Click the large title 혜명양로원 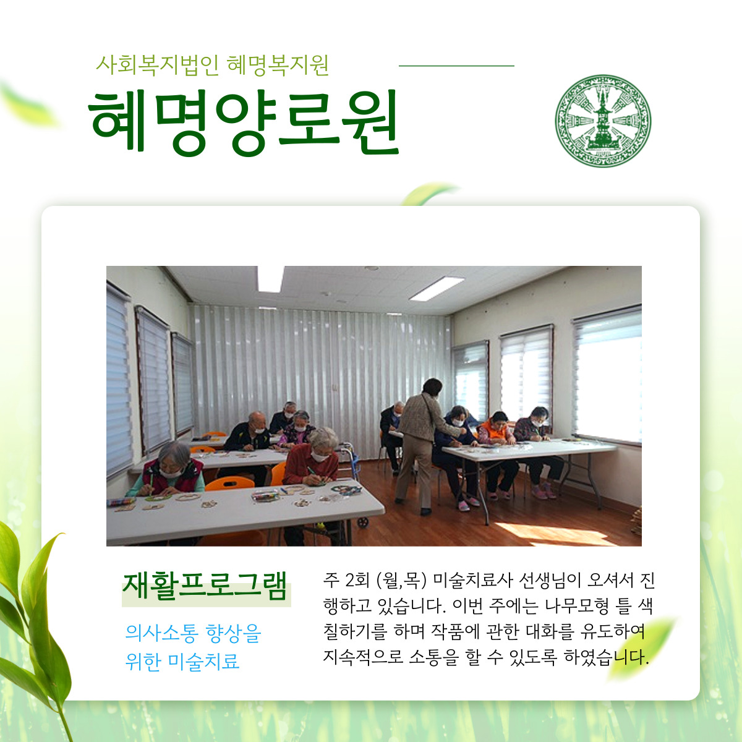pos(244,122)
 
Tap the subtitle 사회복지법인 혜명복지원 pos(212,66)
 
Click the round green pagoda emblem pos(603,121)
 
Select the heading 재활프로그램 pos(205,586)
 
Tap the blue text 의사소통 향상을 pos(194,633)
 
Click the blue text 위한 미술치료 pos(182,661)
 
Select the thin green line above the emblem pos(456,66)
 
